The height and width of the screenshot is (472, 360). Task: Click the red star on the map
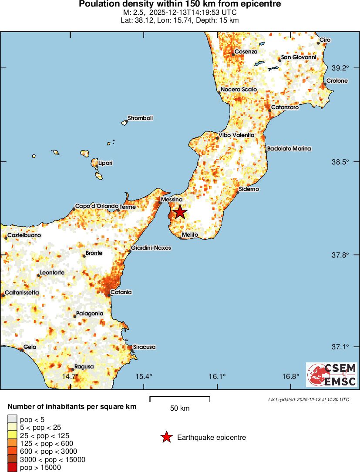tap(179, 212)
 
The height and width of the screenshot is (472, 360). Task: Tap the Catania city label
tap(121, 292)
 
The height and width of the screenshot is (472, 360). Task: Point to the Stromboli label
tap(140, 118)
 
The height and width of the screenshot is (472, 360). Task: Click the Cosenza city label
tap(246, 52)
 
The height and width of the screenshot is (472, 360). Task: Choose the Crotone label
tap(337, 81)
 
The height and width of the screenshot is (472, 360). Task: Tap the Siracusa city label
tap(145, 347)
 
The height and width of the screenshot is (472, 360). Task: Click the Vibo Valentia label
tap(236, 135)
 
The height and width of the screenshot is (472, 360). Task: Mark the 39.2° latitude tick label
tap(340, 68)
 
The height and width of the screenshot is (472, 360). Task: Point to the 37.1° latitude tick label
tap(340, 347)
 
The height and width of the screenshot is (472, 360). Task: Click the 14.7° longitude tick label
tap(71, 376)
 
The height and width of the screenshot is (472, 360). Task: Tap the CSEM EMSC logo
tap(332, 375)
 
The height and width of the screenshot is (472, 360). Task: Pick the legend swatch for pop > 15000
tap(12, 468)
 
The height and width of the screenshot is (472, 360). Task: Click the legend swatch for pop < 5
tap(12, 420)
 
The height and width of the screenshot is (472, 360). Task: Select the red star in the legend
tap(166, 437)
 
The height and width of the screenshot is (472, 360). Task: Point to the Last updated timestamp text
tap(308, 399)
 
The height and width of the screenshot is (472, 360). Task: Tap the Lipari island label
tap(105, 163)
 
